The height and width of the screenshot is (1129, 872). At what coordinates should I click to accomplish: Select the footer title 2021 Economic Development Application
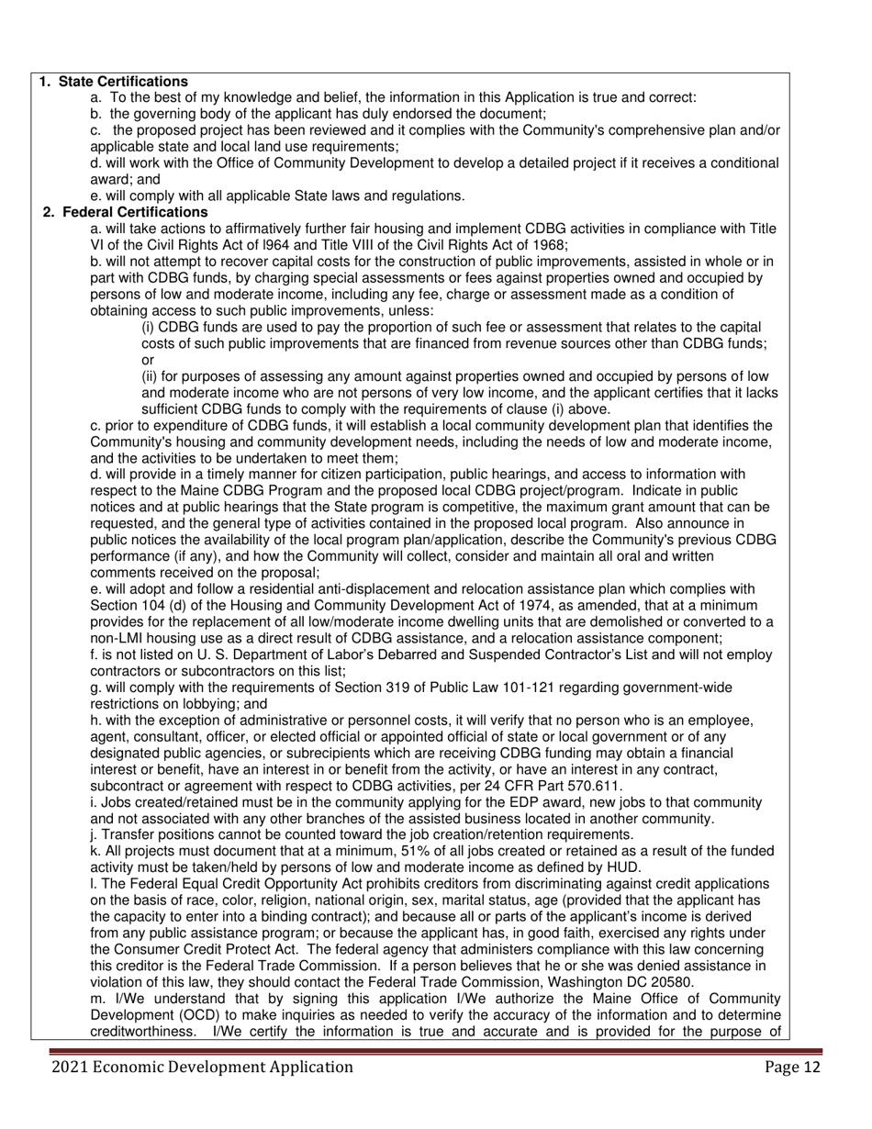pyautogui.click(x=202, y=1067)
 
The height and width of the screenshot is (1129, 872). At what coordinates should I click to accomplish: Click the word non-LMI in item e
pyautogui.click(x=116, y=639)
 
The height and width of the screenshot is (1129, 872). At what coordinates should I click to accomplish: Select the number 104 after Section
pyautogui.click(x=152, y=606)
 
